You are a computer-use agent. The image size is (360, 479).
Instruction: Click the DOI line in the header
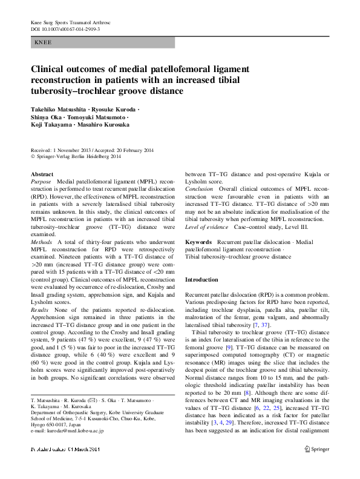click(65, 28)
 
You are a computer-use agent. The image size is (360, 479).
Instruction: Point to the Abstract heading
click(42, 174)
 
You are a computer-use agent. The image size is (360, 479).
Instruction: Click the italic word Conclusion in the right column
click(199, 189)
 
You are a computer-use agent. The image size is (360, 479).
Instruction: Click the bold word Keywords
click(198, 242)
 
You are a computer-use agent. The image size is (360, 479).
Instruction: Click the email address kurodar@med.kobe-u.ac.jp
click(71, 431)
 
